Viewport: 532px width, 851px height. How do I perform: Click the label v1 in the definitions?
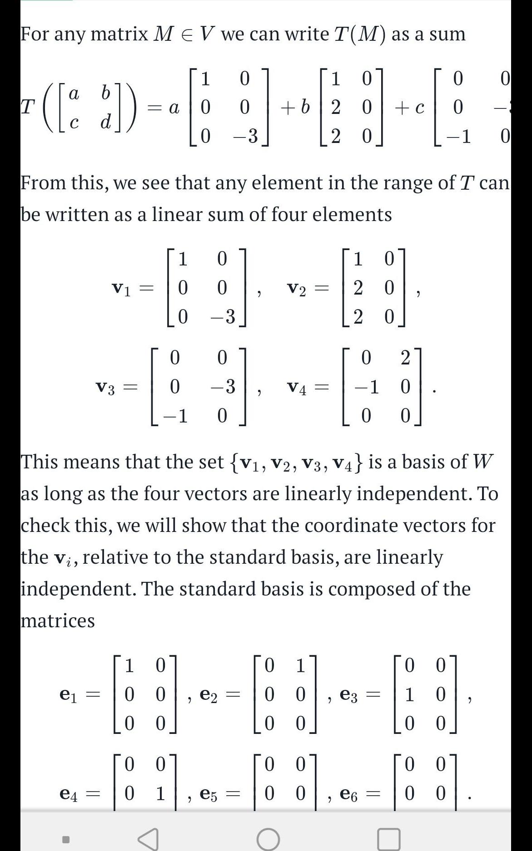pyautogui.click(x=121, y=289)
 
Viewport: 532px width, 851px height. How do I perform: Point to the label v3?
pyautogui.click(x=106, y=388)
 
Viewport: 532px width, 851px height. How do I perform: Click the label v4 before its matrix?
pyautogui.click(x=297, y=388)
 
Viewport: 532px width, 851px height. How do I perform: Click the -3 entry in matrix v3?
pyautogui.click(x=223, y=387)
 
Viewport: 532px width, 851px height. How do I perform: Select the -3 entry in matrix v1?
pyautogui.click(x=223, y=316)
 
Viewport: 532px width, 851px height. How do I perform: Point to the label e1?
pyautogui.click(x=69, y=694)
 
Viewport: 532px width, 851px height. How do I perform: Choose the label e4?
pyautogui.click(x=69, y=794)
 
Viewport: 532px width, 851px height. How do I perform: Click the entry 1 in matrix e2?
pyautogui.click(x=300, y=666)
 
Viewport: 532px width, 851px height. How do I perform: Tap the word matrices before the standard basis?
pyautogui.click(x=58, y=620)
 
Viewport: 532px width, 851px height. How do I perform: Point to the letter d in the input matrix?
pyautogui.click(x=105, y=122)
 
